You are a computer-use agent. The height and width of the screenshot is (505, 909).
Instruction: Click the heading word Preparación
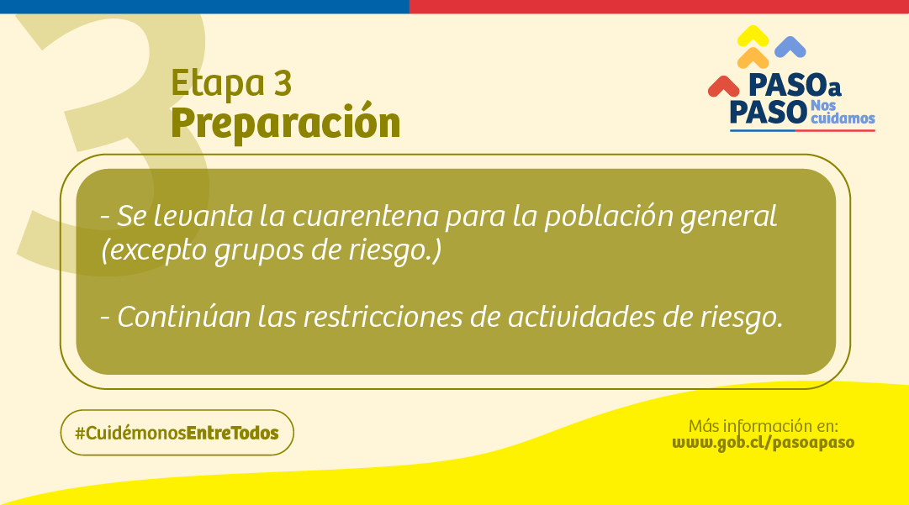click(x=285, y=123)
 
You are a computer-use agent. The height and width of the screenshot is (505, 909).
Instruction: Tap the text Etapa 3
click(x=231, y=83)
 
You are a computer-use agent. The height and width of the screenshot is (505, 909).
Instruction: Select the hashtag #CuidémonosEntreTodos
click(x=177, y=433)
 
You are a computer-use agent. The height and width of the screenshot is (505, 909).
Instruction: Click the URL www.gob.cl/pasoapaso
click(x=763, y=442)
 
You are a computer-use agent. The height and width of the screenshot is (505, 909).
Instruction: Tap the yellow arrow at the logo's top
click(x=753, y=36)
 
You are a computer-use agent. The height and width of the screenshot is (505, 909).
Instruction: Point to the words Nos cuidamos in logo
click(x=841, y=113)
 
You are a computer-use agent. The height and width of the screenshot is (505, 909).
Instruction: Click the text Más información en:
click(x=763, y=424)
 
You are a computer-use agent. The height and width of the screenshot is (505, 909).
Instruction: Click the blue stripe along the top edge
click(x=204, y=7)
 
